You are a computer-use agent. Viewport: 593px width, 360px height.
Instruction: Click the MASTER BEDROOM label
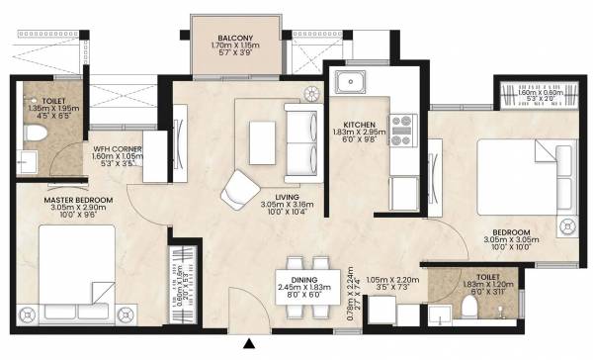79,200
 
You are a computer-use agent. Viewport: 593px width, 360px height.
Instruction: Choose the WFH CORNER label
118,149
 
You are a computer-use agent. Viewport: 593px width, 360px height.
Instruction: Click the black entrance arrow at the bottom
250,344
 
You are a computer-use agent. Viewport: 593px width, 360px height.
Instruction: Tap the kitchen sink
351,81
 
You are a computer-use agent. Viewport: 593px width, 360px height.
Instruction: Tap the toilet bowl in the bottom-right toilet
468,312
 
